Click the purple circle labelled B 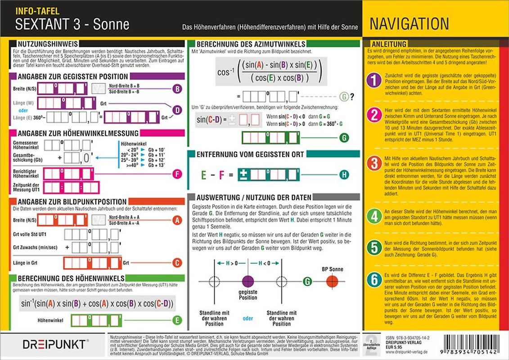click(x=177, y=89)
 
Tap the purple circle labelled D click(x=177, y=109)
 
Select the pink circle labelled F click(x=177, y=174)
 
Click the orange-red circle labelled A click(x=177, y=220)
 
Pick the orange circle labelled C click(x=177, y=263)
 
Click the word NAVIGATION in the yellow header click(x=409, y=24)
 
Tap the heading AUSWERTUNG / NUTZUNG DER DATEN click(x=254, y=197)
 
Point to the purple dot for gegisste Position click(x=248, y=282)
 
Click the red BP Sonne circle click(x=333, y=282)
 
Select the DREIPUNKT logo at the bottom click(x=54, y=344)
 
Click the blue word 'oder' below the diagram click(x=248, y=319)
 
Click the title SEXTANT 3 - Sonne click(x=72, y=24)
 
